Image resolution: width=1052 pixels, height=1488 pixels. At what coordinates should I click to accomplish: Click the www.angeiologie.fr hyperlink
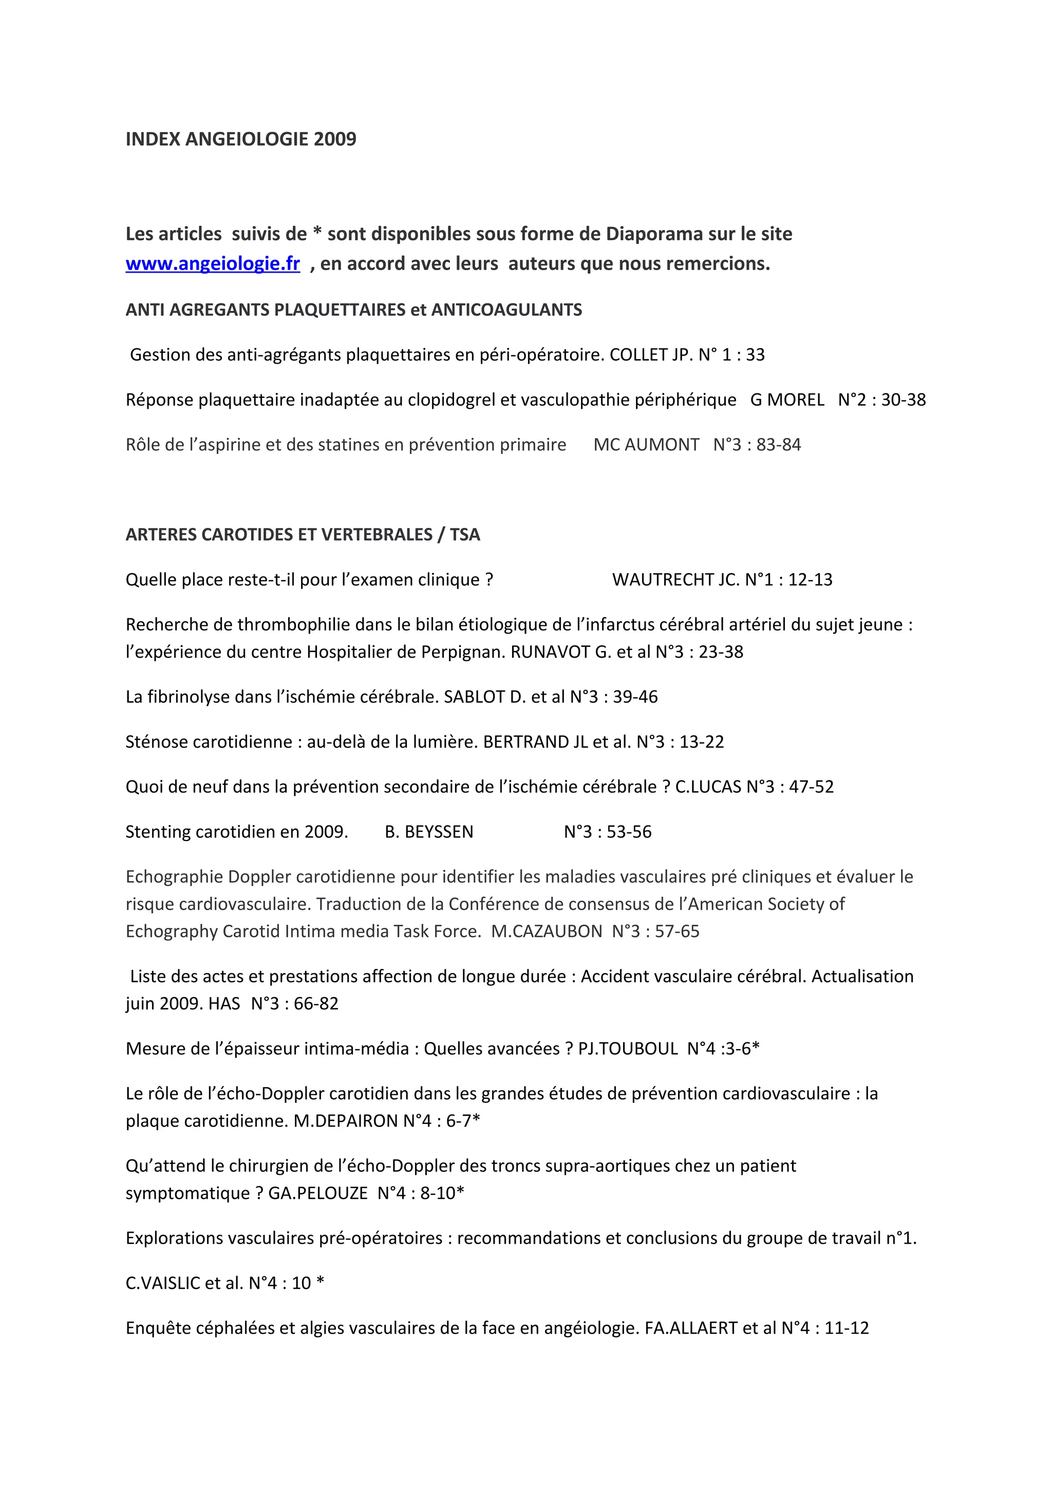point(213,264)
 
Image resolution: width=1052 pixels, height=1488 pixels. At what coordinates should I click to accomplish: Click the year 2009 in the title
point(334,139)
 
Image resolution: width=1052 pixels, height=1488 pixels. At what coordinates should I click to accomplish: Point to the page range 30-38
point(903,400)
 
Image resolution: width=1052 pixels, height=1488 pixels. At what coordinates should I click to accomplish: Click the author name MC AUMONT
point(646,445)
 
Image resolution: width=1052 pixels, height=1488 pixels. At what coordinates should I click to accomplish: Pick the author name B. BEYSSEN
point(428,832)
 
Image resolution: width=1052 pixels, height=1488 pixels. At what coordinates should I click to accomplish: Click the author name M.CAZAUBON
point(547,932)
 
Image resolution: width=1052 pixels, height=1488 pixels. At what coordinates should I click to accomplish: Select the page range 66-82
point(316,1004)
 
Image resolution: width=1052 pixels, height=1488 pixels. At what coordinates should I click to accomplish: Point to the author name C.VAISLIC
point(164,1283)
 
